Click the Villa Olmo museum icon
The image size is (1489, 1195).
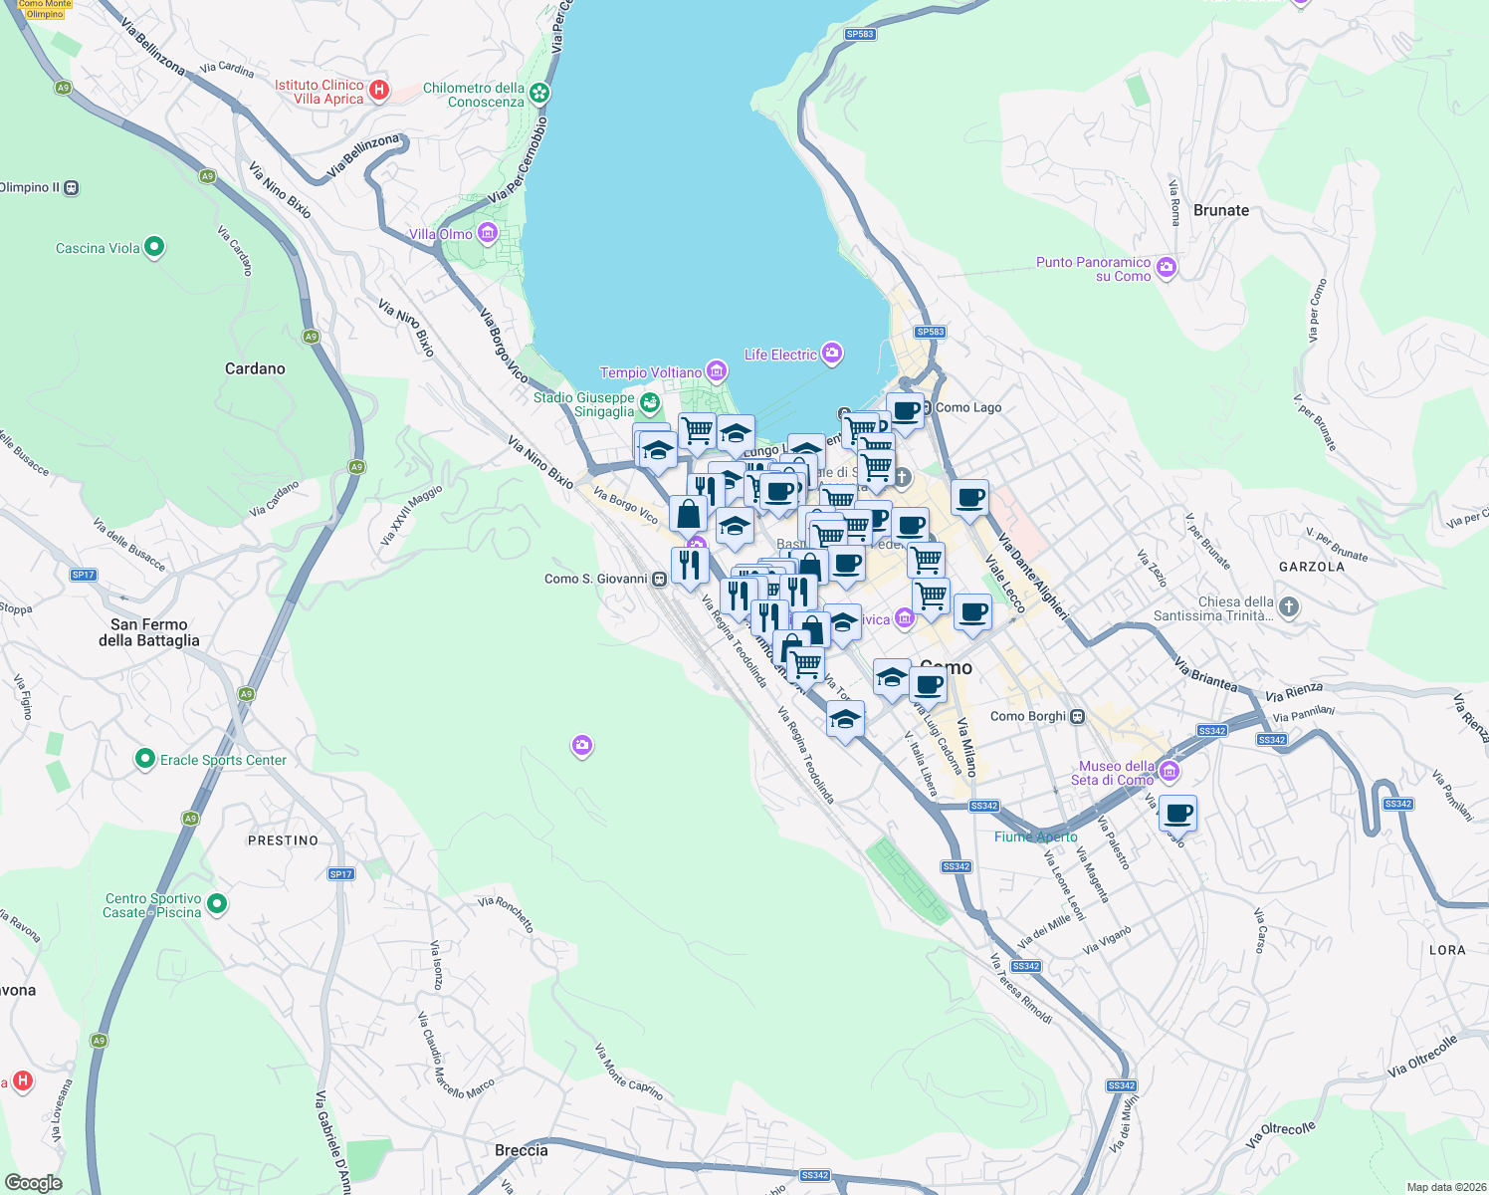click(488, 234)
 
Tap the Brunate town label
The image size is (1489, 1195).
click(1220, 210)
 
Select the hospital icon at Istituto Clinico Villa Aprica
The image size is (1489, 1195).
click(378, 92)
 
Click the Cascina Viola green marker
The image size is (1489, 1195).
click(154, 247)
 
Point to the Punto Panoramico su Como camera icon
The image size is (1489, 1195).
click(1167, 268)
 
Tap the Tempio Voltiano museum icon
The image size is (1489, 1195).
click(717, 372)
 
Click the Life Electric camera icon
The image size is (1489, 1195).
click(832, 354)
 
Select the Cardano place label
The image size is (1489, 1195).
click(255, 368)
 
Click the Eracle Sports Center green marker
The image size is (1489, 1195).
click(145, 760)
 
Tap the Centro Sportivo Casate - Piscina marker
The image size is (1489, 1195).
click(217, 904)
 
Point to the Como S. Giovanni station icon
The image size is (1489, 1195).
click(659, 579)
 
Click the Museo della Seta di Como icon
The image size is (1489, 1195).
click(1170, 772)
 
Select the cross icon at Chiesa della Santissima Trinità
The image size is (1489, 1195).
click(1289, 606)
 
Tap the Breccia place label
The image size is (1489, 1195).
click(521, 1150)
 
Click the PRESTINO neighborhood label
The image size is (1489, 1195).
click(283, 840)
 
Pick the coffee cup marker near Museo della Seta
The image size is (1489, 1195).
click(1177, 813)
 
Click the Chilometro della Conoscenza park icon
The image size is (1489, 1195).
click(539, 94)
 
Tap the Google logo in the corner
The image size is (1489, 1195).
click(34, 1182)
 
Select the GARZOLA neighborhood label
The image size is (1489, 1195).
click(1311, 567)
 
